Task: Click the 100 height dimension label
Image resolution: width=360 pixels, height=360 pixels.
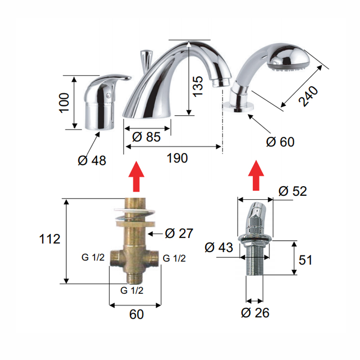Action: tap(64, 103)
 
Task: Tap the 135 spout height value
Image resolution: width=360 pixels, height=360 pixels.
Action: tap(198, 86)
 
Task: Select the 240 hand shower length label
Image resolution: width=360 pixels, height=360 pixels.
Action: tap(308, 96)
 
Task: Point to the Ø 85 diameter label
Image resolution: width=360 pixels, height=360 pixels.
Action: tap(146, 137)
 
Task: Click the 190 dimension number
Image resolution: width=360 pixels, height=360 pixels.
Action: tap(177, 158)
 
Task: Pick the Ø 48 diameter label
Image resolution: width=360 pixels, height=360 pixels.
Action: tap(92, 161)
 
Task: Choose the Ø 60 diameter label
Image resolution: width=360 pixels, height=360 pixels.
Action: tap(280, 142)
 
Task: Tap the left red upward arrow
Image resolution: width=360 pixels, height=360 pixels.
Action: tap(136, 176)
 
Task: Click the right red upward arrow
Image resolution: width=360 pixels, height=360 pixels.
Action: tap(256, 175)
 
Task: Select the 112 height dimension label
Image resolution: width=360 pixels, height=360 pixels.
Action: tap(49, 239)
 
